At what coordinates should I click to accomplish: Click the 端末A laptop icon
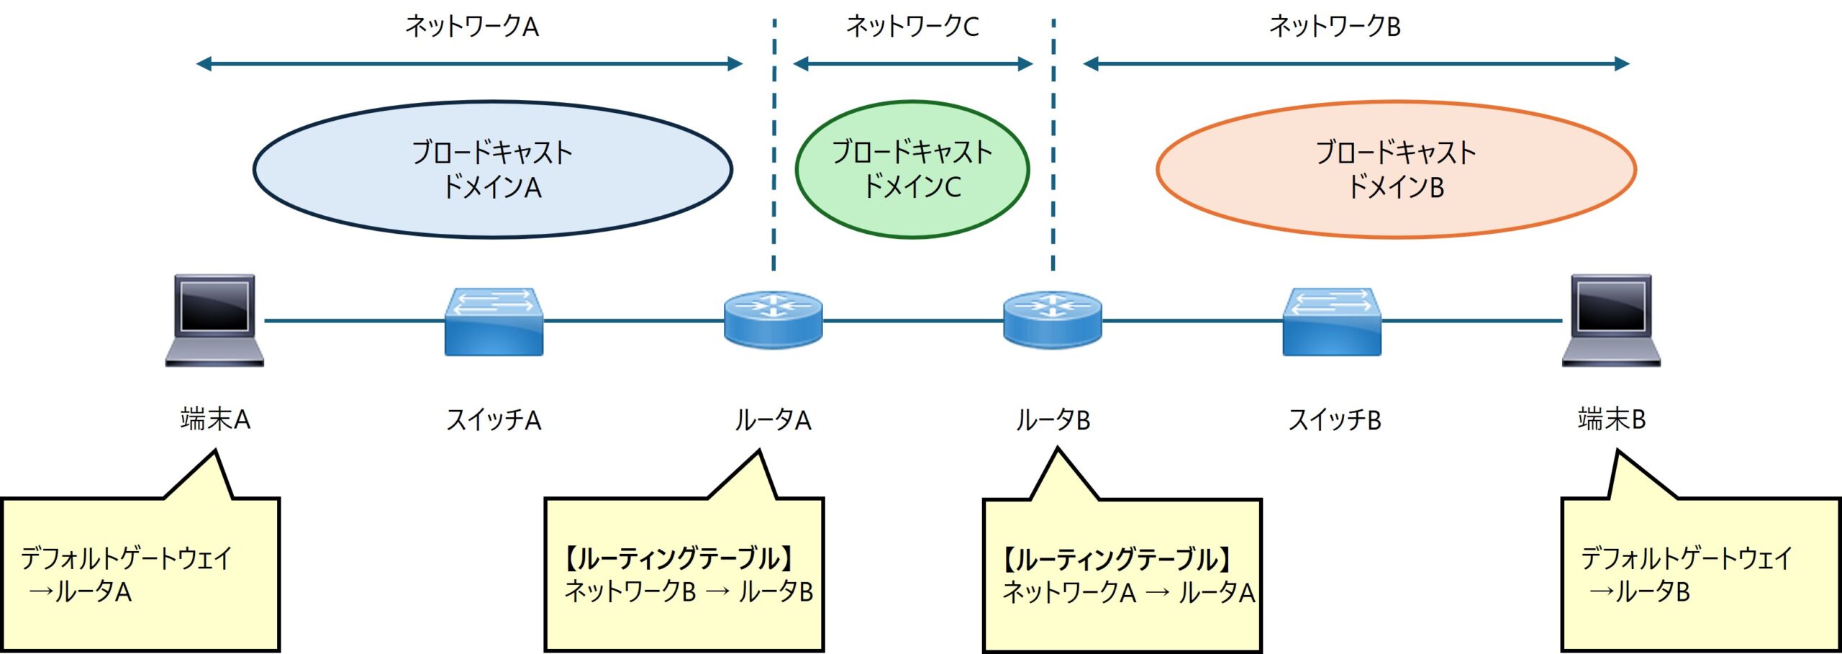pyautogui.click(x=214, y=320)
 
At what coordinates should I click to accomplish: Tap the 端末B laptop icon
pyautogui.click(x=1610, y=320)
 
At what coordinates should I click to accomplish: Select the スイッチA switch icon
pyautogui.click(x=494, y=322)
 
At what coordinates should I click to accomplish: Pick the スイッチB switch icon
pyautogui.click(x=1331, y=322)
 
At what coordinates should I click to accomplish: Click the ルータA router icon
pyautogui.click(x=773, y=319)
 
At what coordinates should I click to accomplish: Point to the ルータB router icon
pyautogui.click(x=1052, y=319)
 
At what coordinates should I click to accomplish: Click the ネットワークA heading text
pyautogui.click(x=472, y=27)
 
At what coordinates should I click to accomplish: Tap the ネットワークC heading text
pyautogui.click(x=912, y=27)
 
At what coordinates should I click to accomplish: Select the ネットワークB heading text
pyautogui.click(x=1335, y=27)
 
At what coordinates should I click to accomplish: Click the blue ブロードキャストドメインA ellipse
pyautogui.click(x=493, y=170)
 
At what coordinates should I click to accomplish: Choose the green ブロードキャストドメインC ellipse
pyautogui.click(x=912, y=170)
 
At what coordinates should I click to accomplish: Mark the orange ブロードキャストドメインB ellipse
pyautogui.click(x=1396, y=170)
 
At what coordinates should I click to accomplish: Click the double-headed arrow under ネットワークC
pyautogui.click(x=912, y=64)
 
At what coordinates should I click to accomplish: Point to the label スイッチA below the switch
pyautogui.click(x=494, y=419)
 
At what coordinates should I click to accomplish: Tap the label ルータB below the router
pyautogui.click(x=1053, y=419)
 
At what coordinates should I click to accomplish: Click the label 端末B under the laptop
pyautogui.click(x=1612, y=419)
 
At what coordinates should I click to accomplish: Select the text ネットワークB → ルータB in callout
pyautogui.click(x=689, y=591)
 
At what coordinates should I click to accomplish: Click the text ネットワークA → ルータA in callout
pyautogui.click(x=1128, y=593)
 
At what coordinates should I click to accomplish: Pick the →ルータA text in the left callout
pyautogui.click(x=80, y=591)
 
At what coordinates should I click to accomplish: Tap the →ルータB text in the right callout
pyautogui.click(x=1639, y=591)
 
